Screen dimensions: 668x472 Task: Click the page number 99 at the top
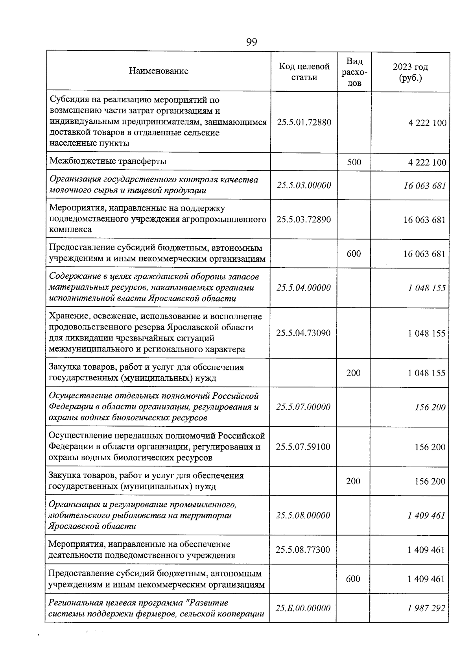click(251, 42)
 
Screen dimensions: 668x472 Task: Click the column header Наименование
click(159, 71)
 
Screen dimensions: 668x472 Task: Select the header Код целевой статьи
click(304, 72)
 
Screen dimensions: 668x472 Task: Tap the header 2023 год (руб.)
click(410, 72)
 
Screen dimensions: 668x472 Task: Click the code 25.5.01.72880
click(304, 122)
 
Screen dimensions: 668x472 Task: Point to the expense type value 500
click(354, 162)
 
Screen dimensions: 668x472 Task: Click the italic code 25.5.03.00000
click(304, 185)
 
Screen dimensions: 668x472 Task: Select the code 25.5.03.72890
click(304, 219)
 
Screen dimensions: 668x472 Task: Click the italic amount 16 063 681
click(424, 185)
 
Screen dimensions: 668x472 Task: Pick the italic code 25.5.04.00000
click(303, 288)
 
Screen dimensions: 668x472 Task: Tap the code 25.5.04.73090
click(303, 333)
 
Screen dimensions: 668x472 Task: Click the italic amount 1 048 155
click(426, 288)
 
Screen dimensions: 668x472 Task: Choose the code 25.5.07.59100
click(303, 447)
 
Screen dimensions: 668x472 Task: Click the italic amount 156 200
click(430, 407)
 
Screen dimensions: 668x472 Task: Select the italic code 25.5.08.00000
click(303, 515)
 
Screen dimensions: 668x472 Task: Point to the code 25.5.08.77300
click(303, 550)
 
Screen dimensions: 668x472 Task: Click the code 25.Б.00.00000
click(302, 608)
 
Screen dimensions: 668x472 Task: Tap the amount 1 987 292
click(426, 608)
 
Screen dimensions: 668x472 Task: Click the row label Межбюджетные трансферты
click(108, 161)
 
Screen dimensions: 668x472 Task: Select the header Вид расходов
click(354, 72)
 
